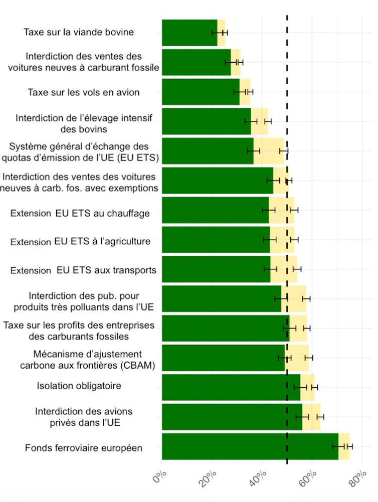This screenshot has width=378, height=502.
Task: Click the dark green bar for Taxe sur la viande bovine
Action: pyautogui.click(x=188, y=33)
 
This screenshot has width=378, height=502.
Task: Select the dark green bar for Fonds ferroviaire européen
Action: pyautogui.click(x=250, y=446)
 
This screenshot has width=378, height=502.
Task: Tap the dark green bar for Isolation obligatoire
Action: pyautogui.click(x=231, y=387)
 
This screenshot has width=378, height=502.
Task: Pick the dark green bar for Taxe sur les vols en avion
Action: pyautogui.click(x=201, y=92)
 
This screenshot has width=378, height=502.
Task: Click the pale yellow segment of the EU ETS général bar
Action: pyautogui.click(x=269, y=151)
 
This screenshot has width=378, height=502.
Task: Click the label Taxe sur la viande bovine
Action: pyautogui.click(x=79, y=33)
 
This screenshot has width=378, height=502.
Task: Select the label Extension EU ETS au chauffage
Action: pyautogui.click(x=80, y=213)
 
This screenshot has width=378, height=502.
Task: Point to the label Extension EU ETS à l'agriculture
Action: pyautogui.click(x=80, y=242)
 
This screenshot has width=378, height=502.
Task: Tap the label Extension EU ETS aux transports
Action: pyautogui.click(x=83, y=271)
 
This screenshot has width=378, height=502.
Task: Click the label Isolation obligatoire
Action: pyautogui.click(x=79, y=386)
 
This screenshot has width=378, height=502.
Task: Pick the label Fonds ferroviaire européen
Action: pyautogui.click(x=83, y=448)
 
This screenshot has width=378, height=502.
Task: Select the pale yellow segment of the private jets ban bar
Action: pyautogui.click(x=311, y=417)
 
